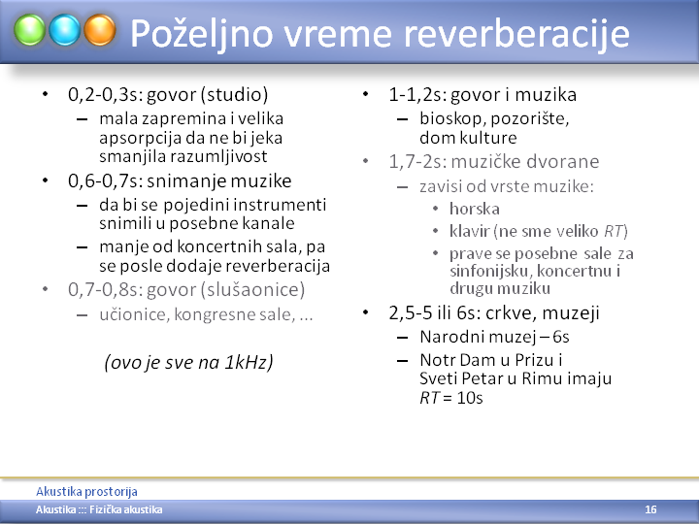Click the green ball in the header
pyautogui.click(x=29, y=30)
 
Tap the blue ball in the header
pyautogui.click(x=65, y=30)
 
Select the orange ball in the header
pyautogui.click(x=100, y=30)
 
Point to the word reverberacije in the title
pyautogui.click(x=516, y=34)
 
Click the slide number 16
pyautogui.click(x=650, y=509)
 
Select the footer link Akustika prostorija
pyautogui.click(x=86, y=491)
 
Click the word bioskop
pyautogui.click(x=454, y=118)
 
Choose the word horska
pyautogui.click(x=475, y=209)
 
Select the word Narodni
pyautogui.click(x=448, y=337)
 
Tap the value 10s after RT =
pyautogui.click(x=470, y=398)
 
